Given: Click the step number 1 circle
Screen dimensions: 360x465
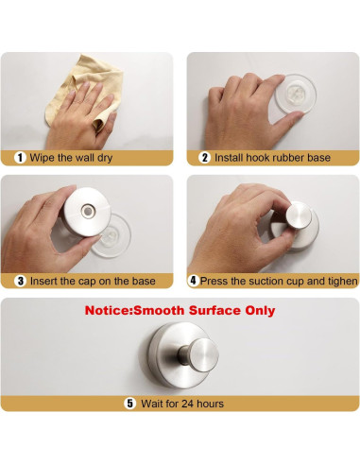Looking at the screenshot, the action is [x=20, y=158].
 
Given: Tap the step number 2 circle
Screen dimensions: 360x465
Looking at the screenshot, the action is [x=204, y=158].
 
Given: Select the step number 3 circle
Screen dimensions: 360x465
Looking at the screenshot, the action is [x=21, y=281].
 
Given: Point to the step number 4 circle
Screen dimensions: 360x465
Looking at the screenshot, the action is [x=193, y=281].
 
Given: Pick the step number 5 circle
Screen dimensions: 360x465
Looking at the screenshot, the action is [x=130, y=404].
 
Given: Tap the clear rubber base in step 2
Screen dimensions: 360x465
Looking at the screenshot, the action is [x=295, y=94].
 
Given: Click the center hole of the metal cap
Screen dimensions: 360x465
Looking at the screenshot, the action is [x=87, y=211].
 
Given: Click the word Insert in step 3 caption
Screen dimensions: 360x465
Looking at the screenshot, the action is [x=43, y=281].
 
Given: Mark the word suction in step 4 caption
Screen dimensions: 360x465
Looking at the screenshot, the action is [x=267, y=281].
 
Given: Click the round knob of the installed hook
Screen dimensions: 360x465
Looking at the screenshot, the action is [x=204, y=354].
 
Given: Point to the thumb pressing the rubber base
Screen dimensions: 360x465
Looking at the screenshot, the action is [x=287, y=118].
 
